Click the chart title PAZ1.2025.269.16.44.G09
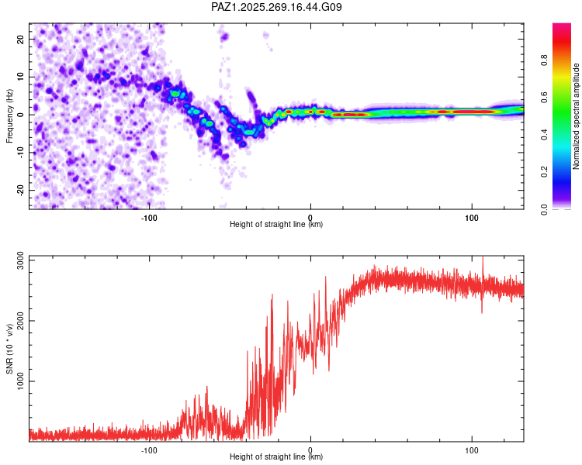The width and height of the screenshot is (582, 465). (276, 7)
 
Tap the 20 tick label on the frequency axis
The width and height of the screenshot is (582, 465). (20, 39)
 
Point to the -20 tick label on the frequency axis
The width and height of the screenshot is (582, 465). (20, 191)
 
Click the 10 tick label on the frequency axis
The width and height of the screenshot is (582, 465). (20, 77)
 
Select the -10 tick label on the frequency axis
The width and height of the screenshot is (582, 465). (20, 153)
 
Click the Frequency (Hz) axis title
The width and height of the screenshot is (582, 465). (9, 116)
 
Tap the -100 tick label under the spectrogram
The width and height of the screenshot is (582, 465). (149, 218)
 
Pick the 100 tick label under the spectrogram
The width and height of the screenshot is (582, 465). (471, 218)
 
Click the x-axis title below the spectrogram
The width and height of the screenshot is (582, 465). (276, 224)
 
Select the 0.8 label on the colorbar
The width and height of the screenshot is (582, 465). (544, 60)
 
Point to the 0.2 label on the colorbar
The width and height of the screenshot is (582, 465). (544, 172)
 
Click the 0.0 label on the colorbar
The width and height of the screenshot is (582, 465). (544, 209)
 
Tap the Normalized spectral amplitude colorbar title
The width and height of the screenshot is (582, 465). (576, 116)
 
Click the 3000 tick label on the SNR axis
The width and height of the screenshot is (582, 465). (20, 260)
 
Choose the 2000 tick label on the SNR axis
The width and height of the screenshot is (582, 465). (20, 321)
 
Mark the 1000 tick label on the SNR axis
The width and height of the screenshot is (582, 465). (20, 381)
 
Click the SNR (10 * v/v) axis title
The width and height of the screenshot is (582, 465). (9, 349)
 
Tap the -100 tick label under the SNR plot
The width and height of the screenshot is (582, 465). (149, 450)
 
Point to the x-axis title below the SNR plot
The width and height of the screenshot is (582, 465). (276, 456)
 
